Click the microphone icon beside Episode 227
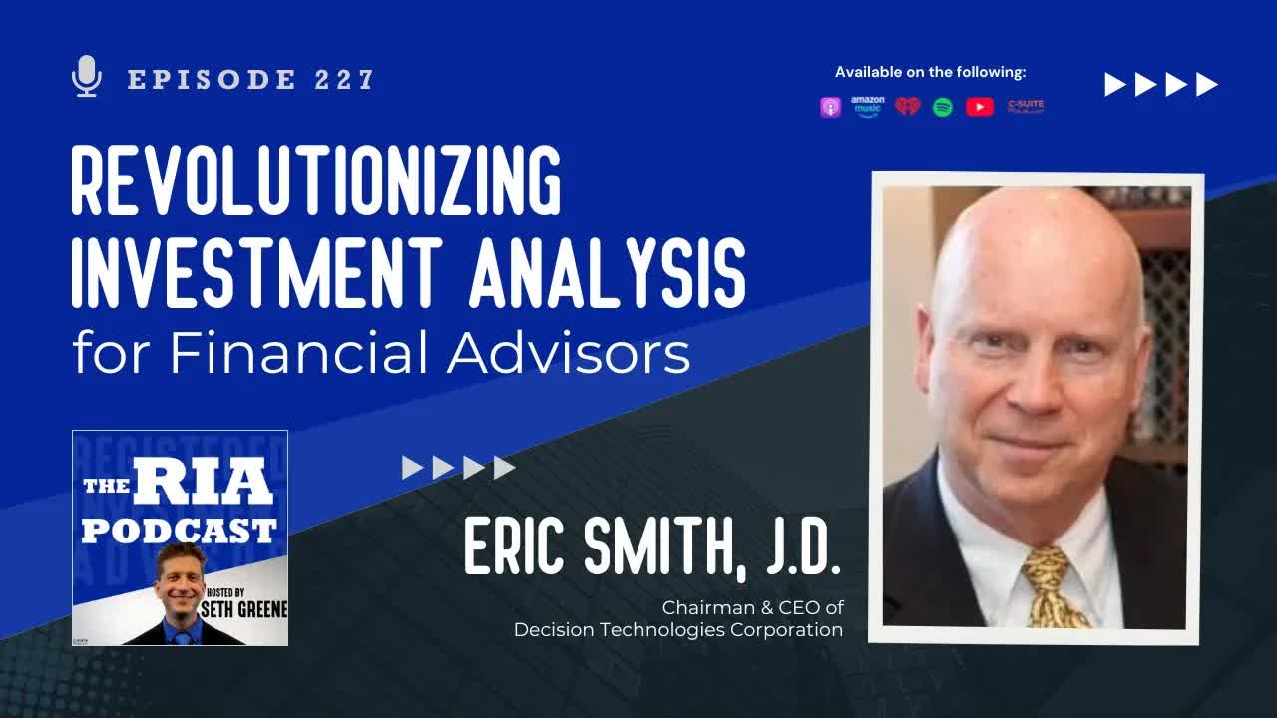pyautogui.click(x=88, y=77)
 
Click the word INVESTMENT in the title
pyautogui.click(x=256, y=270)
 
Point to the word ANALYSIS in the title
pyautogui.click(x=607, y=270)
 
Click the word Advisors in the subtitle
pyautogui.click(x=569, y=352)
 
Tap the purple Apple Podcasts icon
pyautogui.click(x=831, y=107)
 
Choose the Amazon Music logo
pyautogui.click(x=868, y=107)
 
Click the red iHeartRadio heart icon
pyautogui.click(x=907, y=106)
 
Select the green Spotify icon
pyautogui.click(x=943, y=107)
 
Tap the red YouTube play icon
pyautogui.click(x=980, y=107)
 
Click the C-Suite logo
pyautogui.click(x=1025, y=105)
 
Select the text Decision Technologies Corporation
pyautogui.click(x=678, y=630)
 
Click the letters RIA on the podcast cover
pyautogui.click(x=204, y=483)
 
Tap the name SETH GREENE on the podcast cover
pyautogui.click(x=243, y=608)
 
